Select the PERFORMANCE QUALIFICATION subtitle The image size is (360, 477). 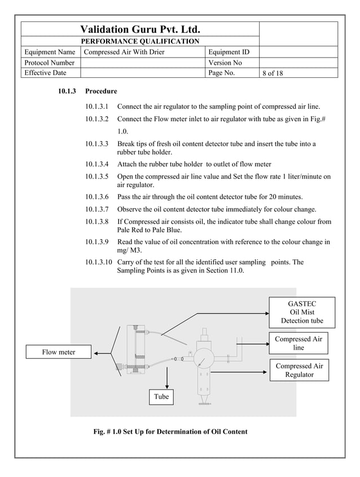coord(140,41)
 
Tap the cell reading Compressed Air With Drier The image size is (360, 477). coord(124,52)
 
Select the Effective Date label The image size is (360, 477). coord(46,73)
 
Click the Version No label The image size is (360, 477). coord(225,63)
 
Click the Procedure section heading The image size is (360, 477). coord(101,91)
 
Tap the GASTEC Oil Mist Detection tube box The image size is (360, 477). coord(302,312)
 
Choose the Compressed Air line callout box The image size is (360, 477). coord(298,343)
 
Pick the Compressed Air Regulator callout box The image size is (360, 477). coord(299,370)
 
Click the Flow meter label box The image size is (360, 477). coord(59,352)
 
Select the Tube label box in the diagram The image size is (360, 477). coord(161,397)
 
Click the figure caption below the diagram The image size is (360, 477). coord(170,432)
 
